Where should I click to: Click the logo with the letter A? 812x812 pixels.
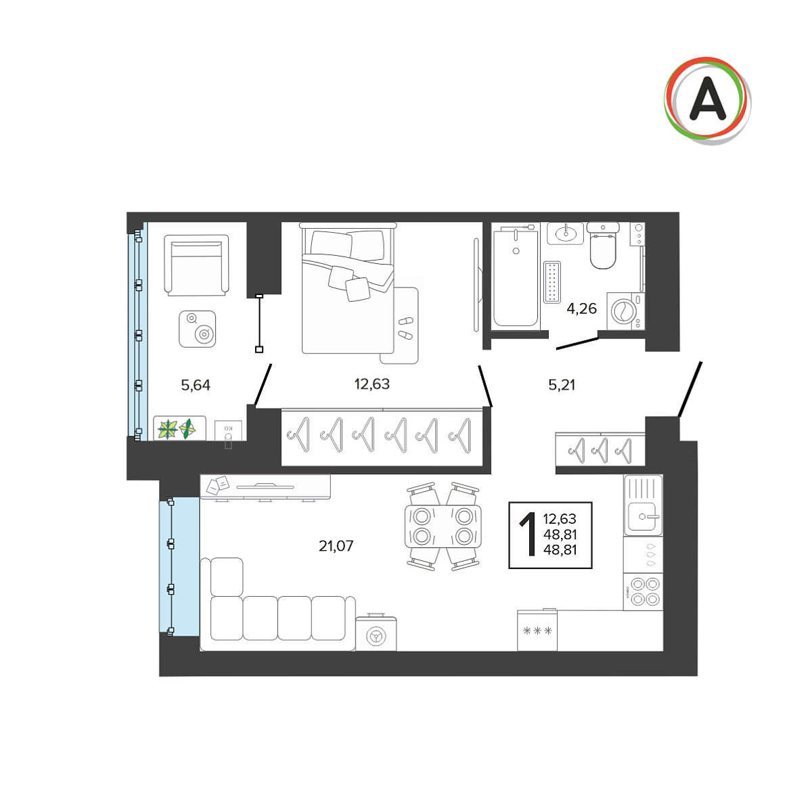(x=707, y=101)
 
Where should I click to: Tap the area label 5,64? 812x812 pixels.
(x=196, y=385)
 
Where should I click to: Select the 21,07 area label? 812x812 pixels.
(x=336, y=546)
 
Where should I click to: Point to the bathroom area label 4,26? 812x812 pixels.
(x=581, y=309)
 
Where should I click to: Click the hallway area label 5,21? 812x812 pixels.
(x=561, y=385)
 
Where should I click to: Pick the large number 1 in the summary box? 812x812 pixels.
(x=528, y=535)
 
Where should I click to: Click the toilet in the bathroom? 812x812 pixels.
(x=603, y=246)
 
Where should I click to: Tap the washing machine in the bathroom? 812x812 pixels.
(x=626, y=311)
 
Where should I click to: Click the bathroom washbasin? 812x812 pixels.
(x=565, y=233)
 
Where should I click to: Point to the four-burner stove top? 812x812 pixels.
(x=643, y=591)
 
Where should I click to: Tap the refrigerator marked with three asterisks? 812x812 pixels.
(x=537, y=631)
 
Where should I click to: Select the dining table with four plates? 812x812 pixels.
(x=443, y=526)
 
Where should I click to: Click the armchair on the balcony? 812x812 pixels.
(x=196, y=265)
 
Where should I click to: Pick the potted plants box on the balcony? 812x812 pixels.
(x=179, y=428)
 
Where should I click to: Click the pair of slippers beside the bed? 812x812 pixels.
(x=406, y=328)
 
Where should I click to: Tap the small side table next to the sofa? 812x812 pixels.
(x=376, y=633)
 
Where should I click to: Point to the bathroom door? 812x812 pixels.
(x=577, y=343)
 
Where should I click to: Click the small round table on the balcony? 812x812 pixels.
(x=197, y=329)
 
